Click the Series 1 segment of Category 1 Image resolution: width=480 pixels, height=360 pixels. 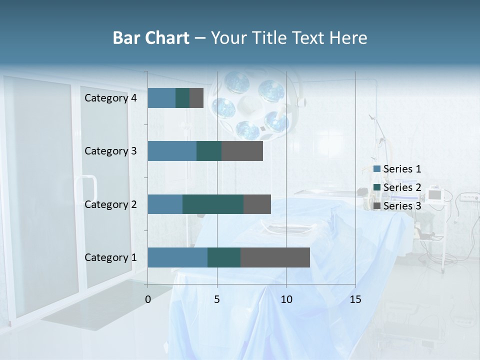coord(177,257)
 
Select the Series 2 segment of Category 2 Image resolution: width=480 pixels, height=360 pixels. coord(213,204)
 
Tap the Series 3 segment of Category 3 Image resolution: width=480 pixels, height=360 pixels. coord(242,151)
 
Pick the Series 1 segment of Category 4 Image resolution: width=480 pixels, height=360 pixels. coord(161,98)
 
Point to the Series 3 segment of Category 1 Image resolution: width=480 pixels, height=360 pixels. coord(275,257)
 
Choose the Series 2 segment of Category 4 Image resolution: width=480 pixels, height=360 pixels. coord(182,98)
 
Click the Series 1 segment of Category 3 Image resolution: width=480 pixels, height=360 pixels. coord(172,151)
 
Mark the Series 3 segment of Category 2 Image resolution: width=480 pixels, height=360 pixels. coord(257,204)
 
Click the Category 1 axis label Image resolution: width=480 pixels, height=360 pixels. coord(110,257)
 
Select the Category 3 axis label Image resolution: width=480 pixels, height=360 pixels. coord(110,151)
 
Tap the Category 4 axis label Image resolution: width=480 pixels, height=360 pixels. coord(110,98)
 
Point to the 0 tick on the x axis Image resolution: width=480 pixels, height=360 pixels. coord(148,299)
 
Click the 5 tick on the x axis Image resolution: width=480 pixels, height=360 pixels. coord(217,299)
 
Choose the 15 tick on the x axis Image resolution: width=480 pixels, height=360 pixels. coord(355,299)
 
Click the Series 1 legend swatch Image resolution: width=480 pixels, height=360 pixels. coord(377,169)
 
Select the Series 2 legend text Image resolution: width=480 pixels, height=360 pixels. coord(402,187)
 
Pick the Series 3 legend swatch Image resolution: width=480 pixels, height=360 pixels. coord(377,206)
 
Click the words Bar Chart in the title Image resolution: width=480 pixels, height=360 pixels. coord(151,37)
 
